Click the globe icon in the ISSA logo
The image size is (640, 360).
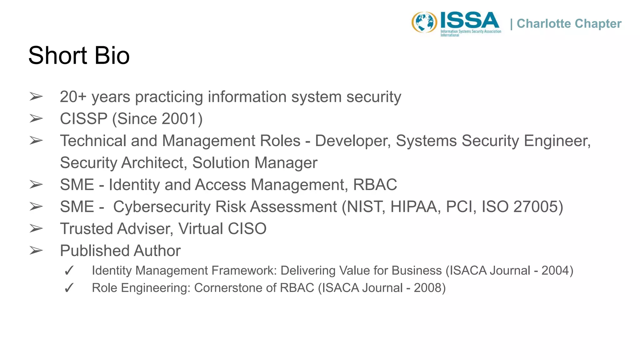tap(424, 22)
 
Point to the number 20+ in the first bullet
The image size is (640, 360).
tap(73, 97)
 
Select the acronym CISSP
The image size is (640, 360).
tap(84, 119)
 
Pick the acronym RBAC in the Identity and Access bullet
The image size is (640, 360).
tap(375, 185)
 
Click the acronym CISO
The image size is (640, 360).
tap(247, 229)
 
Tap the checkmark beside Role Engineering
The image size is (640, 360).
tap(69, 288)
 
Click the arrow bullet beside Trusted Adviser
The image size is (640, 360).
tap(36, 229)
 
